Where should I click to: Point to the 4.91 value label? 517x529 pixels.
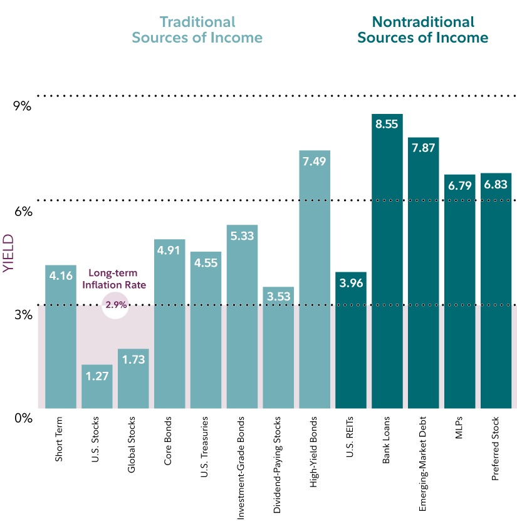pos(169,249)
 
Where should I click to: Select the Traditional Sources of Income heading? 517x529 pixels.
pos(197,29)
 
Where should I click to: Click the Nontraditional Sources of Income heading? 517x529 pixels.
pos(422,29)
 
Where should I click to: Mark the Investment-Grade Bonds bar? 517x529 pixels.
pos(242,319)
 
